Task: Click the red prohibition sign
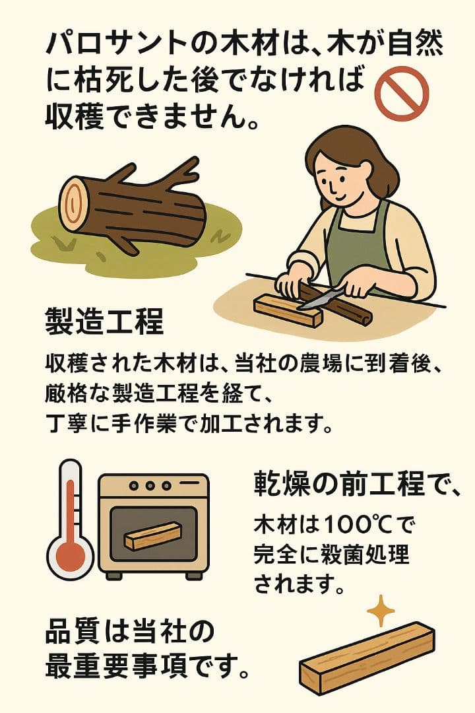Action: coord(401,94)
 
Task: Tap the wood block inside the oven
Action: coord(152,536)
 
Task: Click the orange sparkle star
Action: coord(380,612)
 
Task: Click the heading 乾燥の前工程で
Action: coord(356,485)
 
